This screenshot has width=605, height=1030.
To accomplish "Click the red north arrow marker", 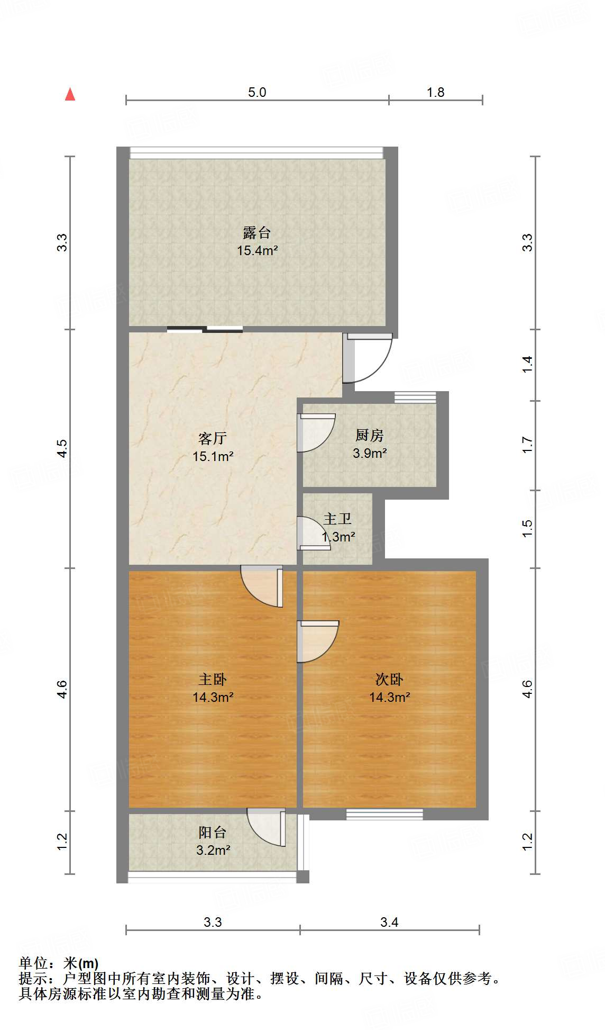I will point(70,94).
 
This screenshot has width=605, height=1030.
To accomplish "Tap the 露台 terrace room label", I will point(257,232).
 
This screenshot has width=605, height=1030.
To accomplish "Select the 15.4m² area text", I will point(258,250).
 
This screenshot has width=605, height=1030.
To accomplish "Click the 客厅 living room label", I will point(213,438).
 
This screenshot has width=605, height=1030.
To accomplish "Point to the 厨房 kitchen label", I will point(369,435).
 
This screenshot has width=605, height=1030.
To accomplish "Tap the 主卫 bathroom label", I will point(337,519).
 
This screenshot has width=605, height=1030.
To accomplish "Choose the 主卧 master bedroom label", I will point(213,679).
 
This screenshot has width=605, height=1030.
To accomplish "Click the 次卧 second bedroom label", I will point(389,679).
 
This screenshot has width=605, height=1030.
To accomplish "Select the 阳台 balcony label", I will point(213,833).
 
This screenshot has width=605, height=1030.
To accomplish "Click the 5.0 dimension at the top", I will point(257,92).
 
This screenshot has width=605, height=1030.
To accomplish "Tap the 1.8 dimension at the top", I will point(436,92).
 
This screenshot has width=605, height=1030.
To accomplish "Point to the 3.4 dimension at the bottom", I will point(389,922).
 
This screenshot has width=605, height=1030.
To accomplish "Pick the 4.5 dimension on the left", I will point(62,448).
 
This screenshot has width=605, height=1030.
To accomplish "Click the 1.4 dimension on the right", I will point(527,364).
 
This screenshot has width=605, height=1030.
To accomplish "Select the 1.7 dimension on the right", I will point(527,445).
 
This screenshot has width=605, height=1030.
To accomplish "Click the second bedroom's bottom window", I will point(384,815).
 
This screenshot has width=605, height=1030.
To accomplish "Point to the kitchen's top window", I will point(415,397).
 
